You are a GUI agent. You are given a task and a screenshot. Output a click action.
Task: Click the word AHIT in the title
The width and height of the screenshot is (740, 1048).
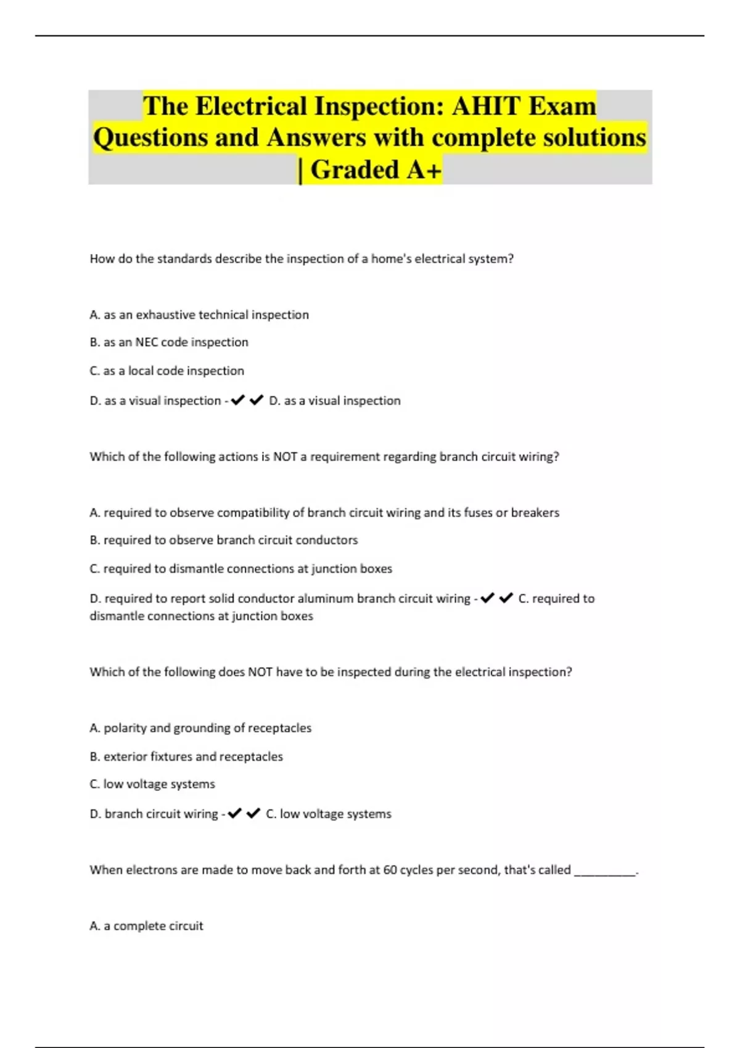tap(486, 106)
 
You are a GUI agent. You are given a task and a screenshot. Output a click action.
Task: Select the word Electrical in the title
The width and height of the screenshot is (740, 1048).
tap(252, 106)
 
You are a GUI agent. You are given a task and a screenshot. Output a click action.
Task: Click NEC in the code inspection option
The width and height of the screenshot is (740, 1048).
tap(147, 342)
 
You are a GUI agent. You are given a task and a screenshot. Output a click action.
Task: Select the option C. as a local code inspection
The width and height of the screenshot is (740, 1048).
tap(166, 370)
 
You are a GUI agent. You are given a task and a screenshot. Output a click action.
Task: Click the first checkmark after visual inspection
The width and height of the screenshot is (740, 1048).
tap(237, 400)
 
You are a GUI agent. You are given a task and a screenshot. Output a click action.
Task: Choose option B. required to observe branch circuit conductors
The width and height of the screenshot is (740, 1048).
tap(223, 540)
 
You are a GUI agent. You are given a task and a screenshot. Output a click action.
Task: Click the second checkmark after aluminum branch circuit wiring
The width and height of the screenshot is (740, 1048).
tap(506, 598)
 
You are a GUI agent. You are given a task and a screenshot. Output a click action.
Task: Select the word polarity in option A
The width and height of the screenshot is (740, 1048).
tap(125, 728)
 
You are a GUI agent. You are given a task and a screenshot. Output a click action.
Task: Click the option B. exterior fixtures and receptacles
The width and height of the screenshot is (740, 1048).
tap(186, 756)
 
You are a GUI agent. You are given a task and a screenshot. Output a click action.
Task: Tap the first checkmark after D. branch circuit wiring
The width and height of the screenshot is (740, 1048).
tap(234, 814)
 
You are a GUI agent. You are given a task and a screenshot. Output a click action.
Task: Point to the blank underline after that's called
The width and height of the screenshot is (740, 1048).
tap(604, 872)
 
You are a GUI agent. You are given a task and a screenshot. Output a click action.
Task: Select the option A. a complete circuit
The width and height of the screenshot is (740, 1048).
tap(146, 926)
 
